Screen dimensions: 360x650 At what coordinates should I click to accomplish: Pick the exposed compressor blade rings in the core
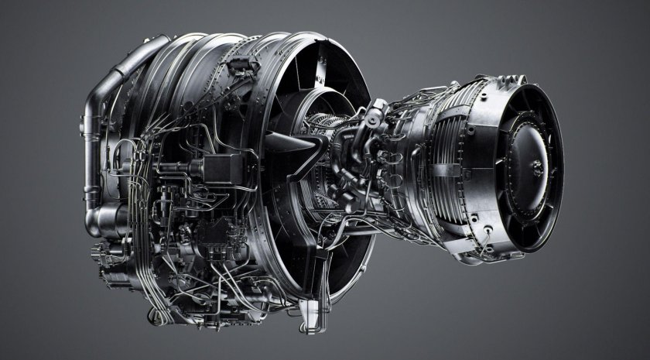[x=325, y=128]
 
